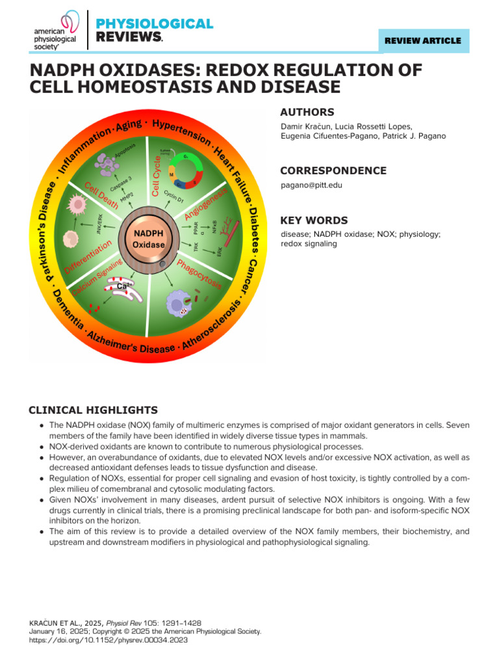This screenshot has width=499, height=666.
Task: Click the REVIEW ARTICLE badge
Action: click(423, 40)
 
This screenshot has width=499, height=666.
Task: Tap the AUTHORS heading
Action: click(307, 112)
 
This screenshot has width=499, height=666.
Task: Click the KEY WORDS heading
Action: click(313, 220)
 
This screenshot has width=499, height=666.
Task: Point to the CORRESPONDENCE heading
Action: click(333, 170)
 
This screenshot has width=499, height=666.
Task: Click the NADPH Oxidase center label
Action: click(148, 239)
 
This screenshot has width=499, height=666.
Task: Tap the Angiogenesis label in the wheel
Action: click(206, 203)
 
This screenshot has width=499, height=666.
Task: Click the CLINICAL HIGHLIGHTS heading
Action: click(93, 410)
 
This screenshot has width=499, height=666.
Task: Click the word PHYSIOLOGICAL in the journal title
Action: click(154, 24)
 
